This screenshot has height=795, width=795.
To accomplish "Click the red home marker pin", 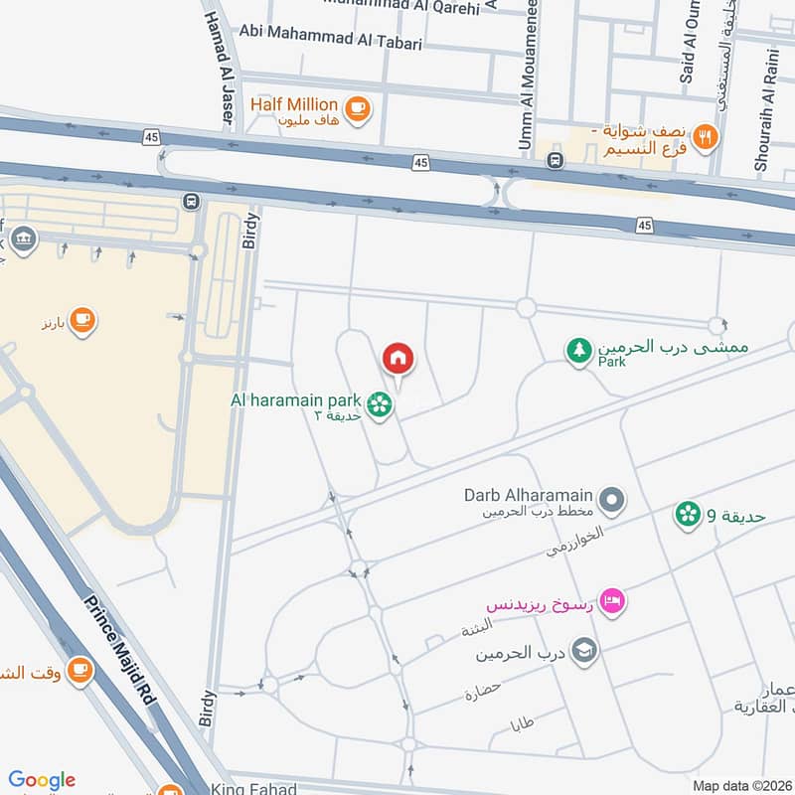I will pyautogui.click(x=398, y=358).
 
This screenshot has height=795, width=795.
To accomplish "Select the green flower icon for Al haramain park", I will pyautogui.click(x=378, y=403).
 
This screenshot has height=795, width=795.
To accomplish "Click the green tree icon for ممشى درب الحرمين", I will pyautogui.click(x=578, y=350).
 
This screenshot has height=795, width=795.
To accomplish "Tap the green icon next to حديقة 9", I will pyautogui.click(x=687, y=514).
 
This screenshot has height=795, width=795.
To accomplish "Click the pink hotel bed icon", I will pyautogui.click(x=614, y=600).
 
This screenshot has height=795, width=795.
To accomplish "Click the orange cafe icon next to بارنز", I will pyautogui.click(x=81, y=320).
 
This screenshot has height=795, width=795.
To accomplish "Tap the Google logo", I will pyautogui.click(x=42, y=781).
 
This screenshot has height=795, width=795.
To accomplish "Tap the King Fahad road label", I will pyautogui.click(x=253, y=789).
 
